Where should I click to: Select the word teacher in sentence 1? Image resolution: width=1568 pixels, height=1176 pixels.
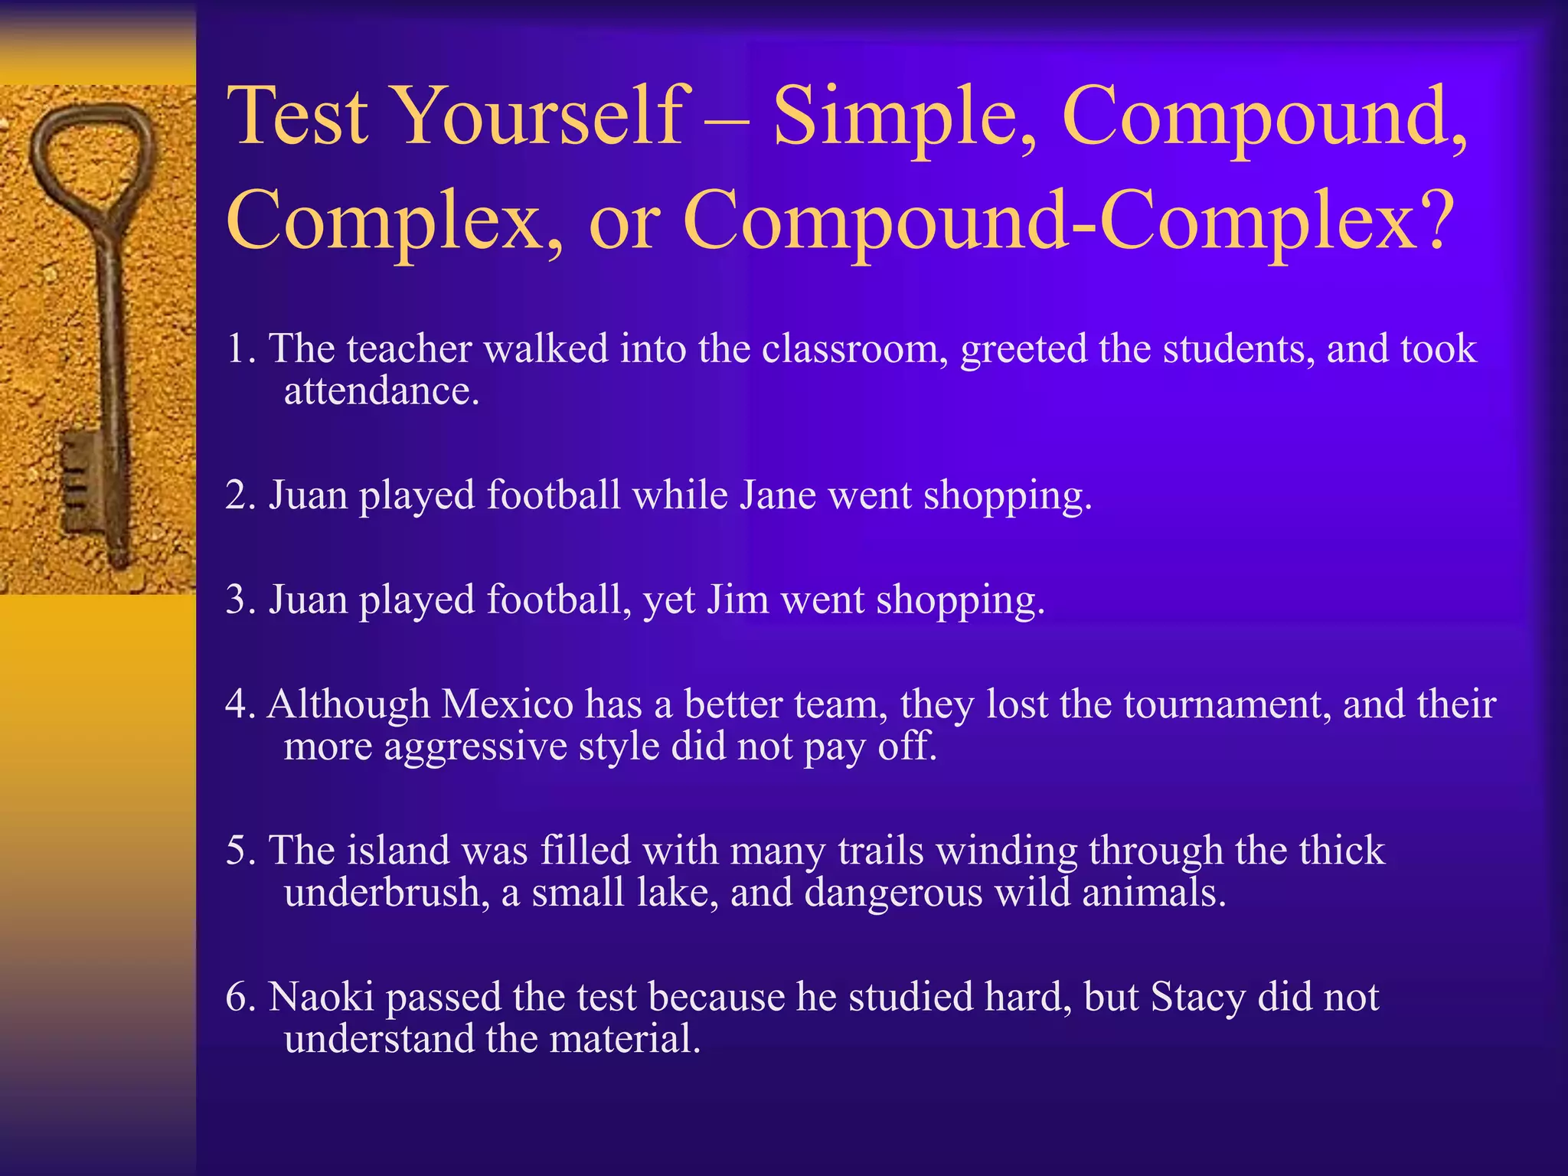(x=409, y=348)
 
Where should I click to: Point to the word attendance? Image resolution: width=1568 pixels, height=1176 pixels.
(x=381, y=391)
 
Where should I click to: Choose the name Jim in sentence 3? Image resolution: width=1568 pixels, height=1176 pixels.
(x=737, y=599)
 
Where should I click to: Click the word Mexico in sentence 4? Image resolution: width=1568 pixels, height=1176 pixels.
(x=508, y=704)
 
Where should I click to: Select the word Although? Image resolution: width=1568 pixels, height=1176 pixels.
(x=348, y=704)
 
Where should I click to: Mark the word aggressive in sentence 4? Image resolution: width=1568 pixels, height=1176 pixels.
(x=475, y=746)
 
